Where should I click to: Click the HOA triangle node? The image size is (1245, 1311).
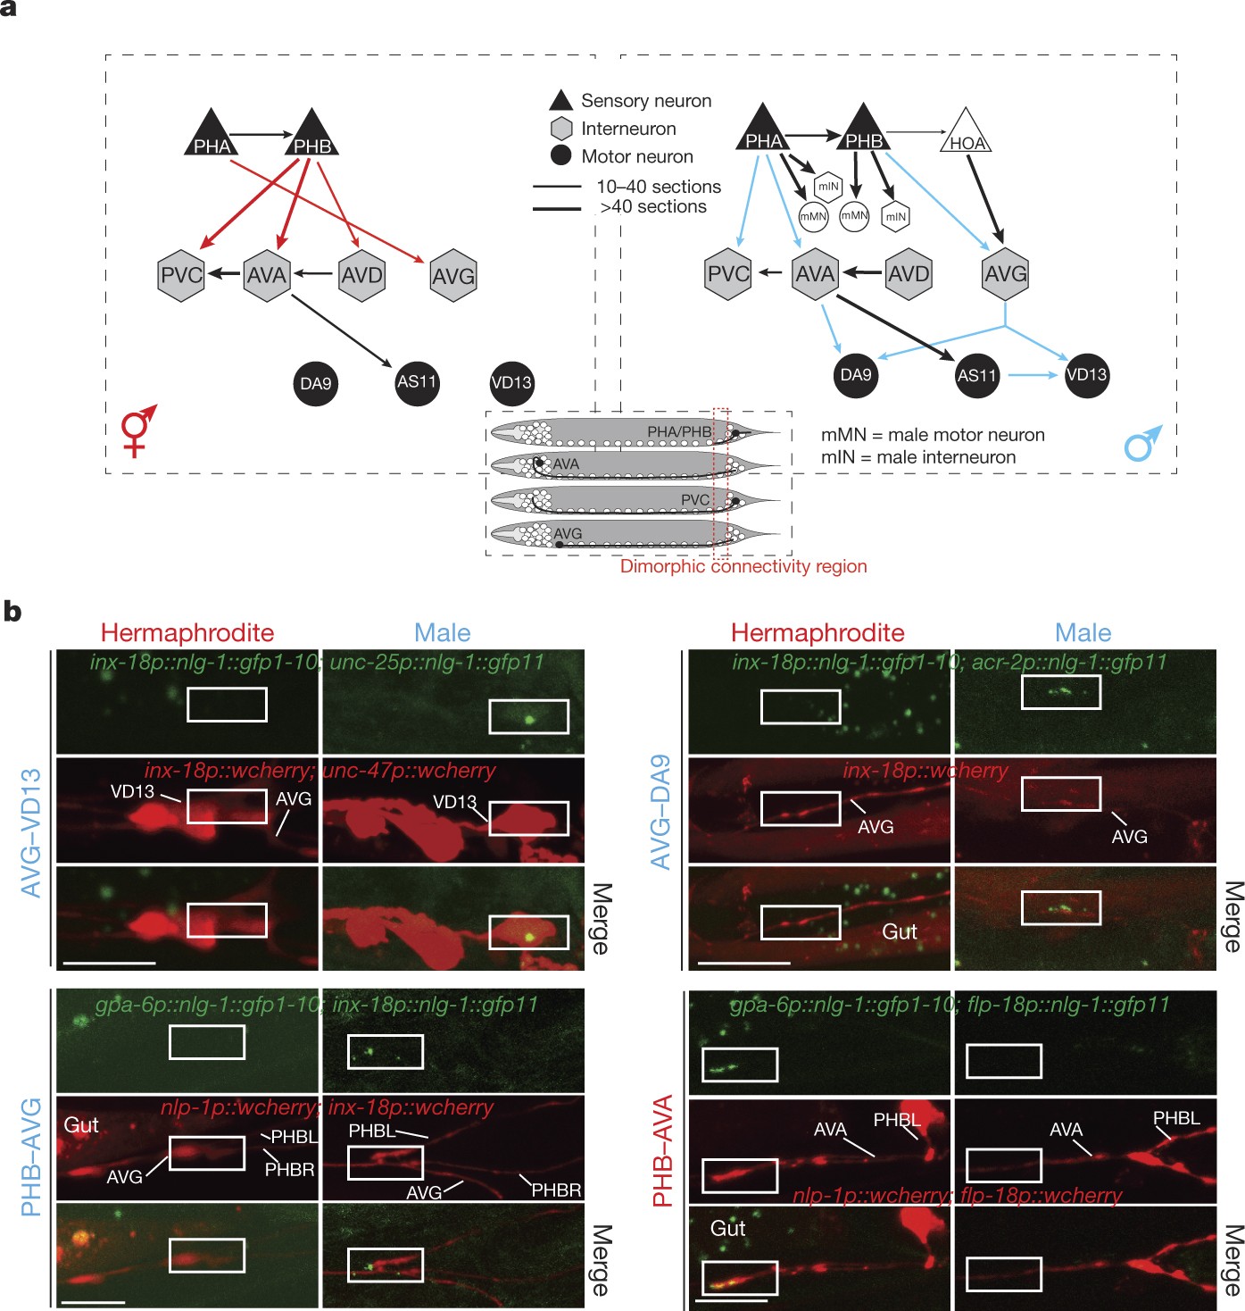tap(967, 137)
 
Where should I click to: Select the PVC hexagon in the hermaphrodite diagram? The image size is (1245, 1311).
tap(181, 275)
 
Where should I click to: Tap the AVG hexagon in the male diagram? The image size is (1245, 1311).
tap(1006, 274)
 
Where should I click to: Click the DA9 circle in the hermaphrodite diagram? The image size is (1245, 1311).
tap(315, 383)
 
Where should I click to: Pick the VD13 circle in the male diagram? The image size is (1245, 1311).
tap(1086, 375)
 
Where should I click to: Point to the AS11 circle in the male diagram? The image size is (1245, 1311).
tap(976, 375)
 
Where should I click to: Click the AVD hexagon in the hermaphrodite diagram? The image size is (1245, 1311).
tap(362, 275)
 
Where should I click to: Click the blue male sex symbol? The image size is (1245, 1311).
tap(1143, 443)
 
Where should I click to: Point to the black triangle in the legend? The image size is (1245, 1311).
tap(560, 100)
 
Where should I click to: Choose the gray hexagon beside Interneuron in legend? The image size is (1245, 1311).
tap(561, 129)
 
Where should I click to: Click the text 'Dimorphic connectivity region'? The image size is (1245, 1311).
tap(743, 566)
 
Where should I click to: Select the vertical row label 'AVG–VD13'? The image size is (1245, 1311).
tap(31, 832)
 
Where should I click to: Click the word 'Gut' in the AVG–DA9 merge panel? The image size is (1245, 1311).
tap(899, 931)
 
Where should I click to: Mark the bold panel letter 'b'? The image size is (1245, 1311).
tap(12, 612)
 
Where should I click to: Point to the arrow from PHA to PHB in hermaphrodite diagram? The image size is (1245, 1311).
tap(261, 135)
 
